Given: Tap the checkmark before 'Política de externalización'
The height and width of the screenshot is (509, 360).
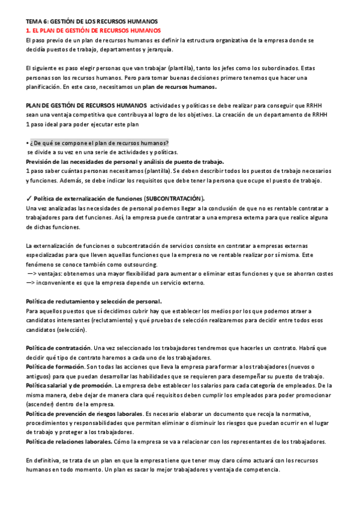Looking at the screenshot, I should (x=29, y=198).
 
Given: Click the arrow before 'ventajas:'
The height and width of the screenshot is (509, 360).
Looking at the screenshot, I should (x=32, y=273).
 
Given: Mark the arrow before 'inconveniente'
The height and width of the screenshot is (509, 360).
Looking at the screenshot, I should (x=32, y=283).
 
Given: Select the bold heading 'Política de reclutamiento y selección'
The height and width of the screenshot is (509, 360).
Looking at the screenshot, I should (x=93, y=301).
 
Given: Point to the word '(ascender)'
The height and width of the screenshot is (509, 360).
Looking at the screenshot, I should (x=41, y=405).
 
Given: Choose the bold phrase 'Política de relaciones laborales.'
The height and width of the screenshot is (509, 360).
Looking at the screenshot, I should (x=69, y=442).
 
